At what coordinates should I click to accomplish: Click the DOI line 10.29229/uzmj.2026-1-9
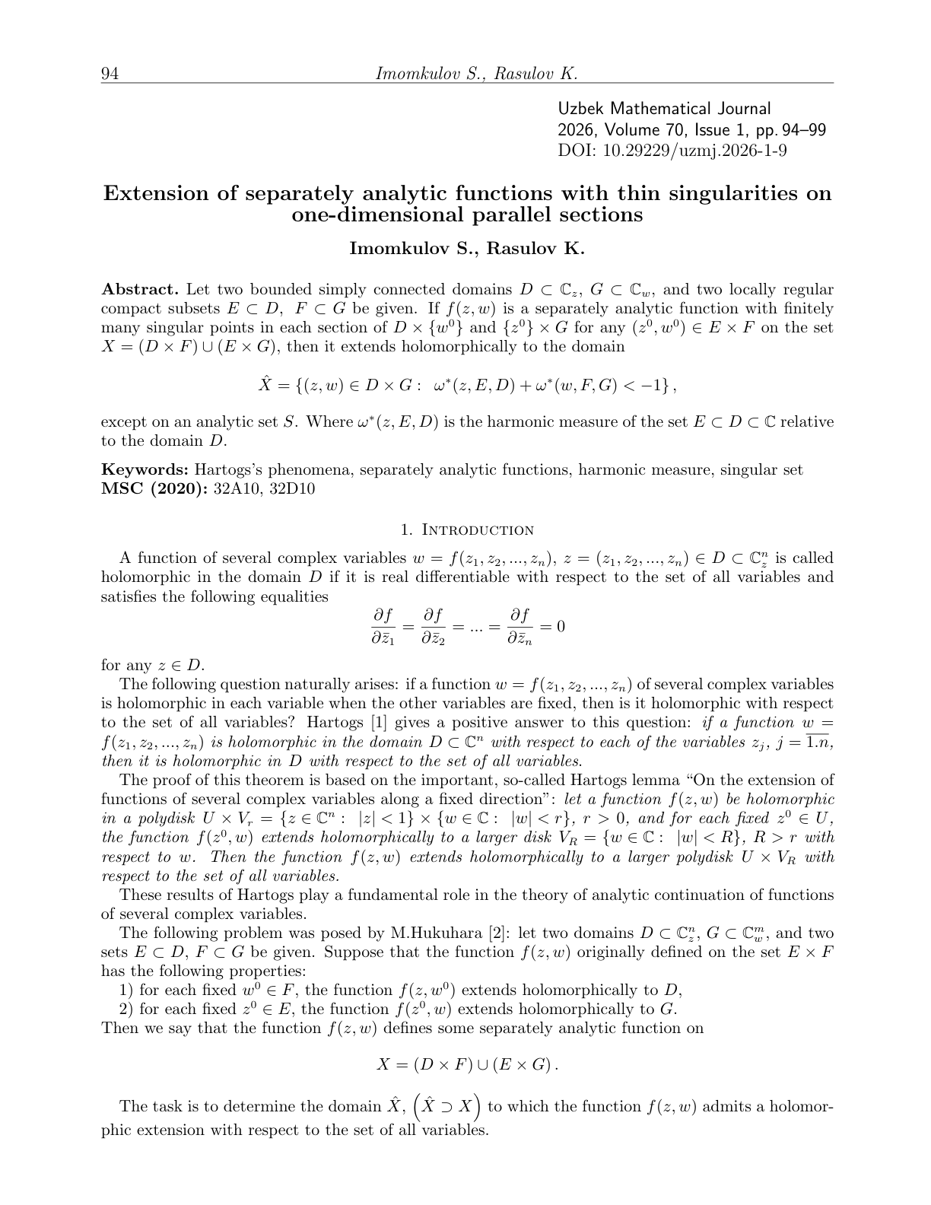[x=672, y=150]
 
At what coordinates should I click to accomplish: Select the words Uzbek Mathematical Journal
[x=664, y=110]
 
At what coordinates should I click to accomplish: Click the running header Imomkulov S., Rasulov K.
[x=477, y=74]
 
